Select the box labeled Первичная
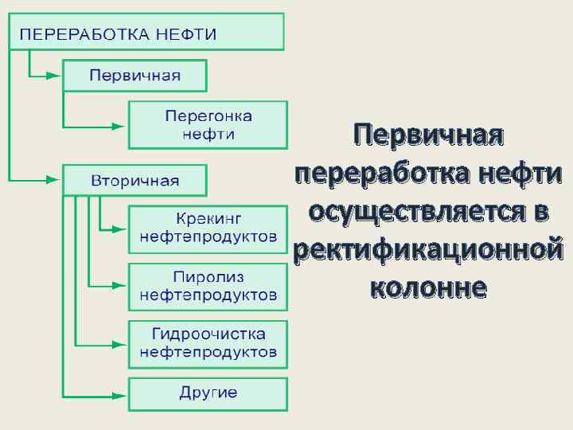pyautogui.click(x=134, y=76)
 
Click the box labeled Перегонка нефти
pyautogui.click(x=208, y=125)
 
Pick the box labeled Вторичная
pyautogui.click(x=134, y=180)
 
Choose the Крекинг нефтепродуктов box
pyautogui.click(x=208, y=229)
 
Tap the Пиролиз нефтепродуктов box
pyautogui.click(x=208, y=287)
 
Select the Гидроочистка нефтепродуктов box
pyautogui.click(x=208, y=344)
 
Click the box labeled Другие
pyautogui.click(x=208, y=393)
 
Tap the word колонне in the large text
pyautogui.click(x=429, y=287)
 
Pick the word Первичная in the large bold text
pyautogui.click(x=429, y=134)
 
